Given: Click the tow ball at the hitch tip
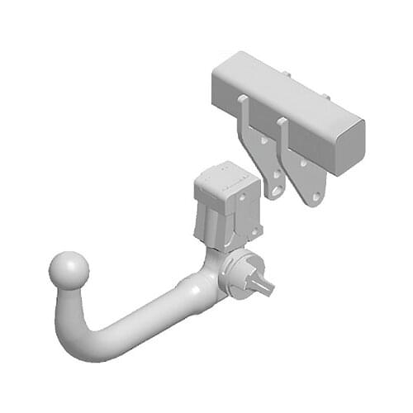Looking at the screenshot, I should (x=69, y=269).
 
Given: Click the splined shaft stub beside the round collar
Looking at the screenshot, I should (x=263, y=284).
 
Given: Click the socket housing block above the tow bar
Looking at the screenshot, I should (x=225, y=206).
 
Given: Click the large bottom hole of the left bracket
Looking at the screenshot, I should (x=276, y=192).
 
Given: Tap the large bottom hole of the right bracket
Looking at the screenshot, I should (x=315, y=197).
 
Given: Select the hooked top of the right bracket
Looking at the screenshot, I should (x=282, y=125).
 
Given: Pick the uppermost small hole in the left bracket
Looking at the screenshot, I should (x=263, y=140).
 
